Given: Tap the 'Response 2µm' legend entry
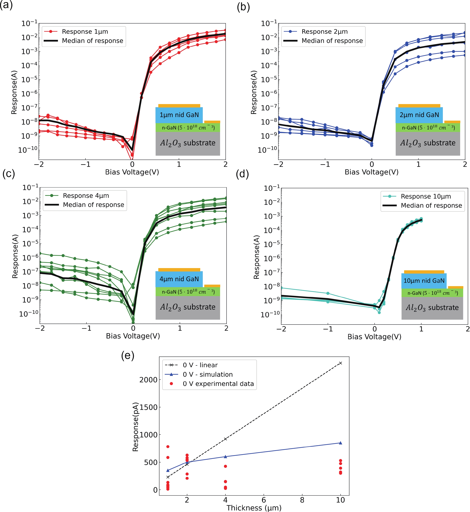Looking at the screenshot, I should click(324, 31).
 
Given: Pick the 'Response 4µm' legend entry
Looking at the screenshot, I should click(86, 196).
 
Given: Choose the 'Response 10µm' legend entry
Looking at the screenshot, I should click(426, 196).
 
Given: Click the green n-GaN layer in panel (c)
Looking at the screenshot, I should click(188, 292).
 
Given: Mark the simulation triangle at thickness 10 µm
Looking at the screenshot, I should click(340, 443).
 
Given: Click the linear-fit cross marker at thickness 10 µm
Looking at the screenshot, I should click(340, 363).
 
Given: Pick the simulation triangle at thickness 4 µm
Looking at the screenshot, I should click(225, 457).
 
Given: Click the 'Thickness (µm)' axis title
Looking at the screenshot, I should click(254, 508).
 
